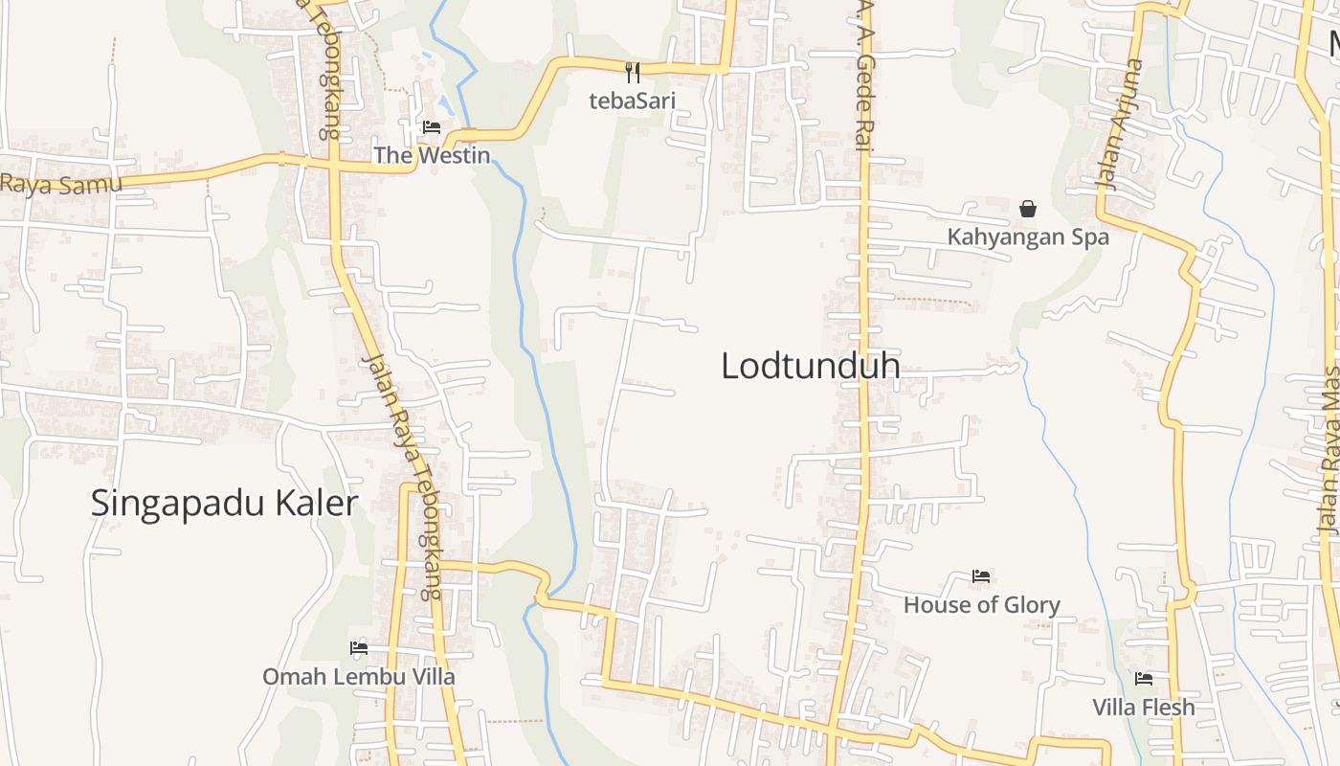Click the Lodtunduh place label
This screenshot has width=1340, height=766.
pos(810,366)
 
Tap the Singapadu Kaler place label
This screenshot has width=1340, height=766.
pos(224,503)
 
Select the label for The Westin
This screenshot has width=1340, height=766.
pos(432,155)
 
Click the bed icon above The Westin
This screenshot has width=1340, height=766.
pos(432,127)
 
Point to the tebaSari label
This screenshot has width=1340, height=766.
pos(632,101)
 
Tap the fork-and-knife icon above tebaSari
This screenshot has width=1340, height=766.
pos(632,72)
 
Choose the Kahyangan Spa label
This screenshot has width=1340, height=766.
pos(1028,237)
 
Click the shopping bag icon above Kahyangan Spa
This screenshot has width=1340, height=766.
pos(1028,208)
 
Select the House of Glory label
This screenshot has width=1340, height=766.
pos(981,604)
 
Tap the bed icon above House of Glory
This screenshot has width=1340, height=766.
pos(981,576)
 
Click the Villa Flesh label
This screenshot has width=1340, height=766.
pos(1144,707)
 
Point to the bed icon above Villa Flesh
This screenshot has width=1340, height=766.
pos(1144,679)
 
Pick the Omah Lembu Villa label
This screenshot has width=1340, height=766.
pos(359,676)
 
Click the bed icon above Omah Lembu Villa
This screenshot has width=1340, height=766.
pos(359,648)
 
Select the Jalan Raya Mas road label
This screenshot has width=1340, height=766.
pos(1329,450)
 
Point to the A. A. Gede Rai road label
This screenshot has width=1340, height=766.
pos(864,77)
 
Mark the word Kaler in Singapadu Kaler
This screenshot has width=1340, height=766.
pos(311,503)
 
